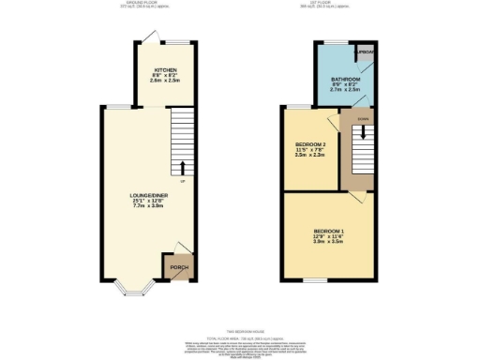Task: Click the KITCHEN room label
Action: coord(166,69)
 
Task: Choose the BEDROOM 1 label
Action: coord(328,229)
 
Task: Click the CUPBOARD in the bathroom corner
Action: coord(366,52)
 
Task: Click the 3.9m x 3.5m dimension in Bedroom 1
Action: coord(328,241)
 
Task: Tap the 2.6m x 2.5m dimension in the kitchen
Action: coord(166,82)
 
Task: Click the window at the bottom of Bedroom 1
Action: coord(313,279)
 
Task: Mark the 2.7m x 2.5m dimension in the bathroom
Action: coord(345,91)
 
